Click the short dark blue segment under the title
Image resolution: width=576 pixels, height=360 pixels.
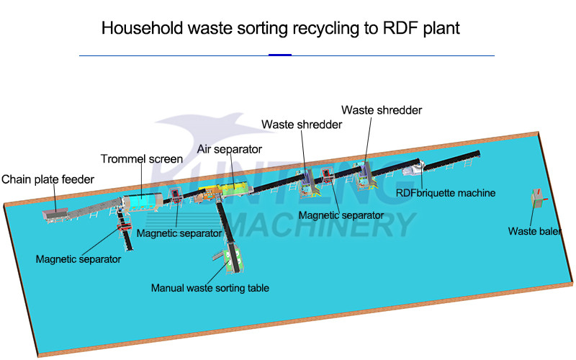coord(280,55)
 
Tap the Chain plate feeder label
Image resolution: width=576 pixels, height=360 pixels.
coord(48,179)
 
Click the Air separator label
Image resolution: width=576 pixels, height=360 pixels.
coord(229,149)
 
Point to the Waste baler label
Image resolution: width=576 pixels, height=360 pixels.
coord(534,231)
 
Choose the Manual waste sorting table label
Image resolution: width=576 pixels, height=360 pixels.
coord(210,288)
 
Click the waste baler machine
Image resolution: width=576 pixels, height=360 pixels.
coord(536,197)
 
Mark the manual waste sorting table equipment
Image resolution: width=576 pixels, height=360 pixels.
coord(231,258)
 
